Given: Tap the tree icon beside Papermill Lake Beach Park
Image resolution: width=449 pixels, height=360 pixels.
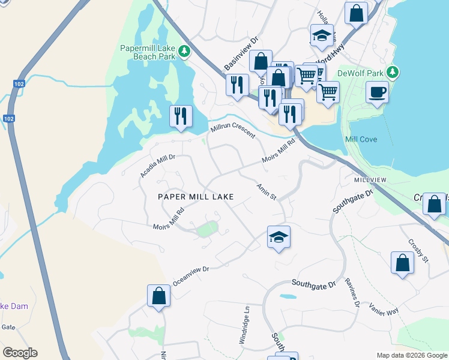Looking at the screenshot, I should (185, 52).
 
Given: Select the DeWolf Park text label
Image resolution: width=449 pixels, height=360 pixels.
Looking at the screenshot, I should (360, 73).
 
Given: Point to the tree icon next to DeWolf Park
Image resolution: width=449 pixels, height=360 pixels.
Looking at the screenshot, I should (393, 73).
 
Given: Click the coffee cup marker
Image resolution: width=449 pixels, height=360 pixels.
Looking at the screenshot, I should (377, 93).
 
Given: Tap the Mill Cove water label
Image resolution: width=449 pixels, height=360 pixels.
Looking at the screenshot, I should (361, 139).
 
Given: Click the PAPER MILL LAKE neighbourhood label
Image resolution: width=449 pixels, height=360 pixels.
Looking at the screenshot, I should (195, 196).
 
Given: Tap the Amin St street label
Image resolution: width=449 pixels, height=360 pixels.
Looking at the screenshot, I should (266, 193).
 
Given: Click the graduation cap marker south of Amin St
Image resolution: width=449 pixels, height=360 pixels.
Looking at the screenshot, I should (279, 238).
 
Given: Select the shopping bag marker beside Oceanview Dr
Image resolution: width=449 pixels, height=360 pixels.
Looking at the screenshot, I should (158, 296).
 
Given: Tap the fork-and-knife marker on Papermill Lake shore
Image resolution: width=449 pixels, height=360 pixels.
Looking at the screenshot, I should (181, 116).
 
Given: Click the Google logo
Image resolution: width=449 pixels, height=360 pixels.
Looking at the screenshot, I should (20, 353).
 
